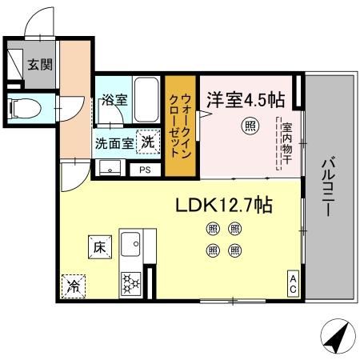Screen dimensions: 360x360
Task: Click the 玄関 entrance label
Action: click(40, 65)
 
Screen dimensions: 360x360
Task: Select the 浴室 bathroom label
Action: click(114, 101)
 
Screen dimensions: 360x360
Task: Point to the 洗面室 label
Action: click(112, 144)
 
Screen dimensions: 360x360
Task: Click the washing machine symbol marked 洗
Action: click(148, 142)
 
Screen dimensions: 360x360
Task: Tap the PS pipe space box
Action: click(145, 170)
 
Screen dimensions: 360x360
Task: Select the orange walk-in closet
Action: click(179, 126)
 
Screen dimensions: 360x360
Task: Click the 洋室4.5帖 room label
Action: click(246, 100)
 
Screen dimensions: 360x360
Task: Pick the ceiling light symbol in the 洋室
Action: click(250, 127)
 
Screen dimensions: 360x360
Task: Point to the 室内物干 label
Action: click(285, 143)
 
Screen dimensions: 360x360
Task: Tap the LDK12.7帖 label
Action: click(225, 205)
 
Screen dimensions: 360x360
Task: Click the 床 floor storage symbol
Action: click(98, 248)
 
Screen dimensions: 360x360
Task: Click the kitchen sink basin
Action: click(130, 242)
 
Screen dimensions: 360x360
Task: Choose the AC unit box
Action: click(294, 283)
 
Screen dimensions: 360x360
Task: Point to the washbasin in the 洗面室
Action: click(110, 169)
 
